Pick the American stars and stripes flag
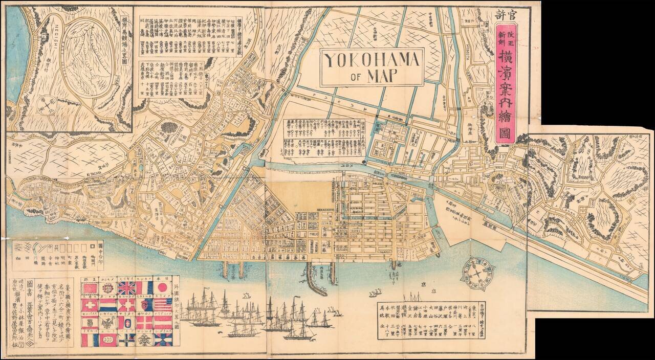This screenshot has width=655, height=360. [x=163, y=305]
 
